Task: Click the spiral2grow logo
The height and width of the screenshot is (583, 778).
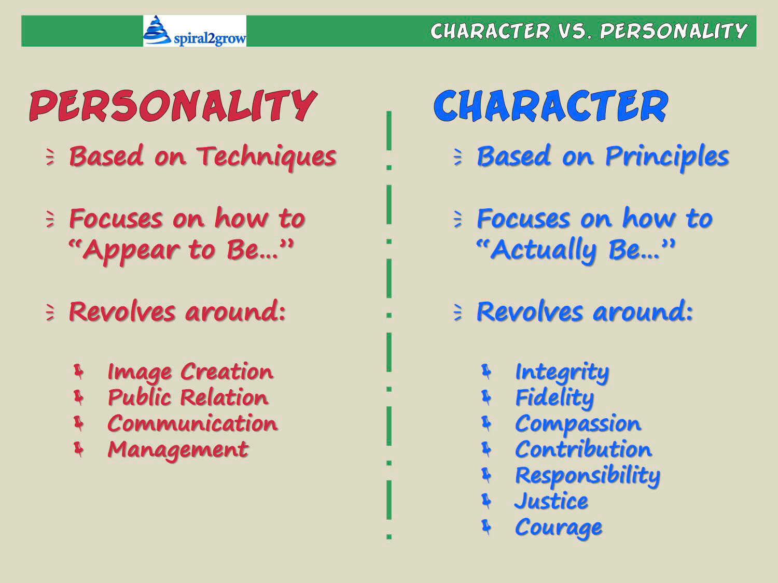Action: tap(195, 31)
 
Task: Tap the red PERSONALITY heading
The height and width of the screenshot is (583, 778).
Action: tap(172, 106)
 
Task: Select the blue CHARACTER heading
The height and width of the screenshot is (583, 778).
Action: tap(551, 106)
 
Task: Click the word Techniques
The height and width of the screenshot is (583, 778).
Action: tap(266, 157)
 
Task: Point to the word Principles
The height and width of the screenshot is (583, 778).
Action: tap(667, 157)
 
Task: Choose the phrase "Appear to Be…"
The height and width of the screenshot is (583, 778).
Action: tap(181, 250)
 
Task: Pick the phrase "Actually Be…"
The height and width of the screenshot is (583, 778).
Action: tap(576, 250)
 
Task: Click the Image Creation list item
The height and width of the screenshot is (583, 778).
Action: tap(190, 372)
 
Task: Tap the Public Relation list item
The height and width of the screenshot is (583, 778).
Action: tap(188, 397)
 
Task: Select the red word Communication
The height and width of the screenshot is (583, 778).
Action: tap(192, 423)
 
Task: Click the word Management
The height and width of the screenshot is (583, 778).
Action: tap(178, 449)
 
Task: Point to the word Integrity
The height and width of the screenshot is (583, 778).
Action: tap(562, 372)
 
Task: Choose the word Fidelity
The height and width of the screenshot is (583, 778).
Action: tap(554, 398)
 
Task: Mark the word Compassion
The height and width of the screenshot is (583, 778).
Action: tap(578, 424)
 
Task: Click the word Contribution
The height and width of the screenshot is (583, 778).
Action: tap(583, 449)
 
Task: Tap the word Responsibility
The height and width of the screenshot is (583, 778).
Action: tap(587, 475)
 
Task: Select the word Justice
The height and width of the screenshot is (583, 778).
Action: tap(551, 501)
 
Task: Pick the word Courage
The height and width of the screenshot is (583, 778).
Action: tap(559, 528)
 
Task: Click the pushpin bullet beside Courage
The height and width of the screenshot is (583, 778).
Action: tap(486, 527)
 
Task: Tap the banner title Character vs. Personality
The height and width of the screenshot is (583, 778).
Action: tap(589, 32)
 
